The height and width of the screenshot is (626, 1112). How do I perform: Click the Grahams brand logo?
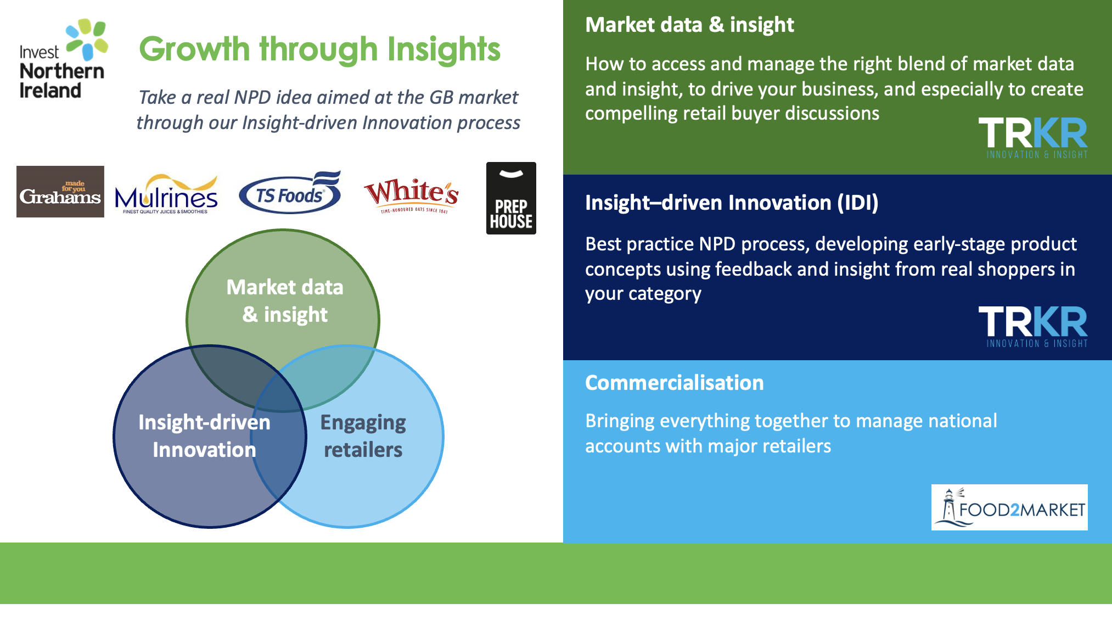pyautogui.click(x=60, y=192)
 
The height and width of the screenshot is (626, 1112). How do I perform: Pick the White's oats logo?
pyautogui.click(x=411, y=195)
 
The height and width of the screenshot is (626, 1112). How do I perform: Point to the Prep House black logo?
pyautogui.click(x=511, y=198)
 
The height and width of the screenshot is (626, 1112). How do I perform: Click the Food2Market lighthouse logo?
pyautogui.click(x=1009, y=507)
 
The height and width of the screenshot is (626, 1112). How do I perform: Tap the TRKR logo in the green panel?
pyautogui.click(x=1032, y=138)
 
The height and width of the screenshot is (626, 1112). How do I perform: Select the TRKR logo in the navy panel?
pyautogui.click(x=1032, y=327)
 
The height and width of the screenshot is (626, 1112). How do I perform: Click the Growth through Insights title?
pyautogui.click(x=319, y=49)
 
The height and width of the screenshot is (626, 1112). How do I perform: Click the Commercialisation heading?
pyautogui.click(x=674, y=383)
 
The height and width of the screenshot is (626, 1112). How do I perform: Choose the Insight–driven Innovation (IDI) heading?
pyautogui.click(x=731, y=203)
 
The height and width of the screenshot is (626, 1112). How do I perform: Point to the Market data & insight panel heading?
pyautogui.click(x=689, y=25)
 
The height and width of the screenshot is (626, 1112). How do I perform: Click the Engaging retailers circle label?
pyautogui.click(x=363, y=436)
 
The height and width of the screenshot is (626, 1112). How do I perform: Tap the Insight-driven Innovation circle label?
pyautogui.click(x=204, y=436)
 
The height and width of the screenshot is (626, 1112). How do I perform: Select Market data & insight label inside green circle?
pyautogui.click(x=285, y=301)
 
